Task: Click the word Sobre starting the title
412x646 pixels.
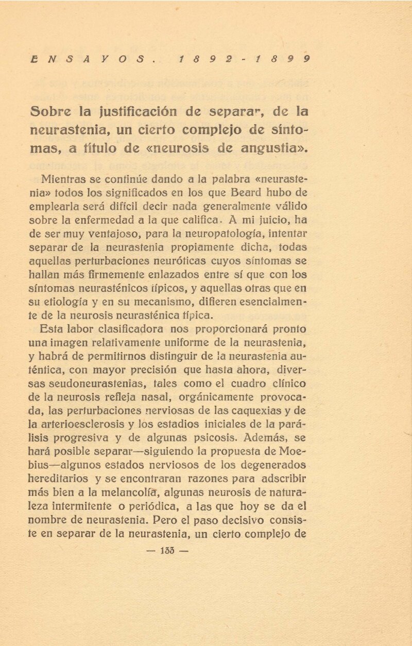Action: [x=51, y=111]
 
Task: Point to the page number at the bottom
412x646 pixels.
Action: [x=167, y=550]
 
